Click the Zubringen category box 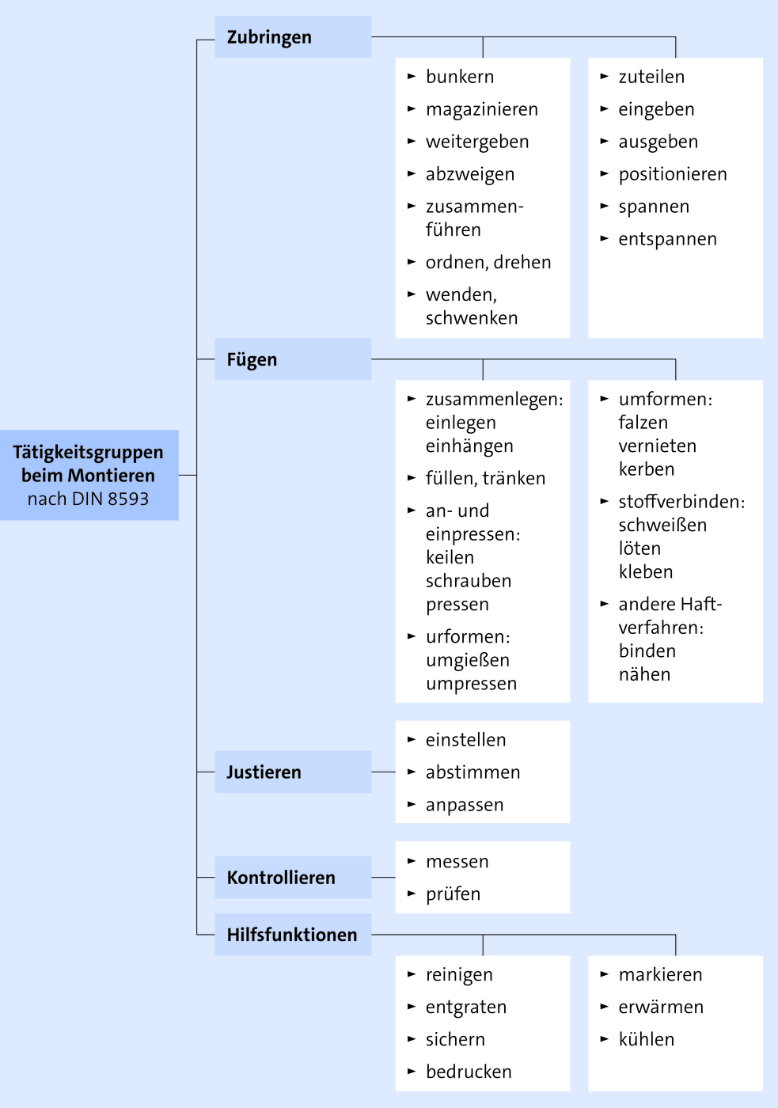(x=293, y=36)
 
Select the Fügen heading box (x=293, y=359)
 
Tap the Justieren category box (x=293, y=772)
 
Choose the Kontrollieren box (x=293, y=877)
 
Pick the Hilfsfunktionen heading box (x=293, y=935)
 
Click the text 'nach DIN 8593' (x=88, y=499)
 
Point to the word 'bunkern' (x=460, y=77)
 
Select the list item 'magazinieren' (x=482, y=109)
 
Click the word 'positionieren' (x=673, y=174)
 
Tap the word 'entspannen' (x=668, y=239)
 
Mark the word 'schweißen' (x=662, y=525)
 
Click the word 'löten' (x=639, y=548)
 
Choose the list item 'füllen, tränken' (x=485, y=478)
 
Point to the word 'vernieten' (x=658, y=446)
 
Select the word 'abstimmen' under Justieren (x=472, y=772)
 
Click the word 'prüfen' (x=453, y=894)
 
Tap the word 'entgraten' (x=466, y=1007)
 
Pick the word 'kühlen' (x=647, y=1039)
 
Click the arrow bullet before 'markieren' (x=605, y=974)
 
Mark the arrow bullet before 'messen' (x=412, y=861)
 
